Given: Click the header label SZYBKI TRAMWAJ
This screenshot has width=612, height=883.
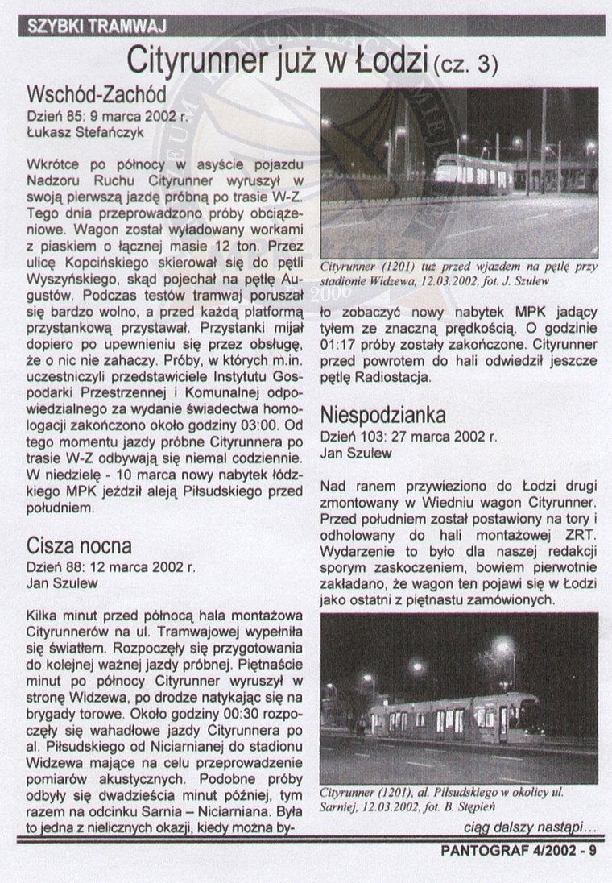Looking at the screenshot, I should point(97,26).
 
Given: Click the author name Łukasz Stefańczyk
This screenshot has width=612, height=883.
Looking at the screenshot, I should point(80,131).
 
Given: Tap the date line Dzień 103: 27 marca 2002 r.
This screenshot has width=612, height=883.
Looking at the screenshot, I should point(408,437).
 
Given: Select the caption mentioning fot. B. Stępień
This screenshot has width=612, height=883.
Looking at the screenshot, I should point(453,798).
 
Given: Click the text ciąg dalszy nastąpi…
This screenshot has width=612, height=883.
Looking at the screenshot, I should point(530,827).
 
